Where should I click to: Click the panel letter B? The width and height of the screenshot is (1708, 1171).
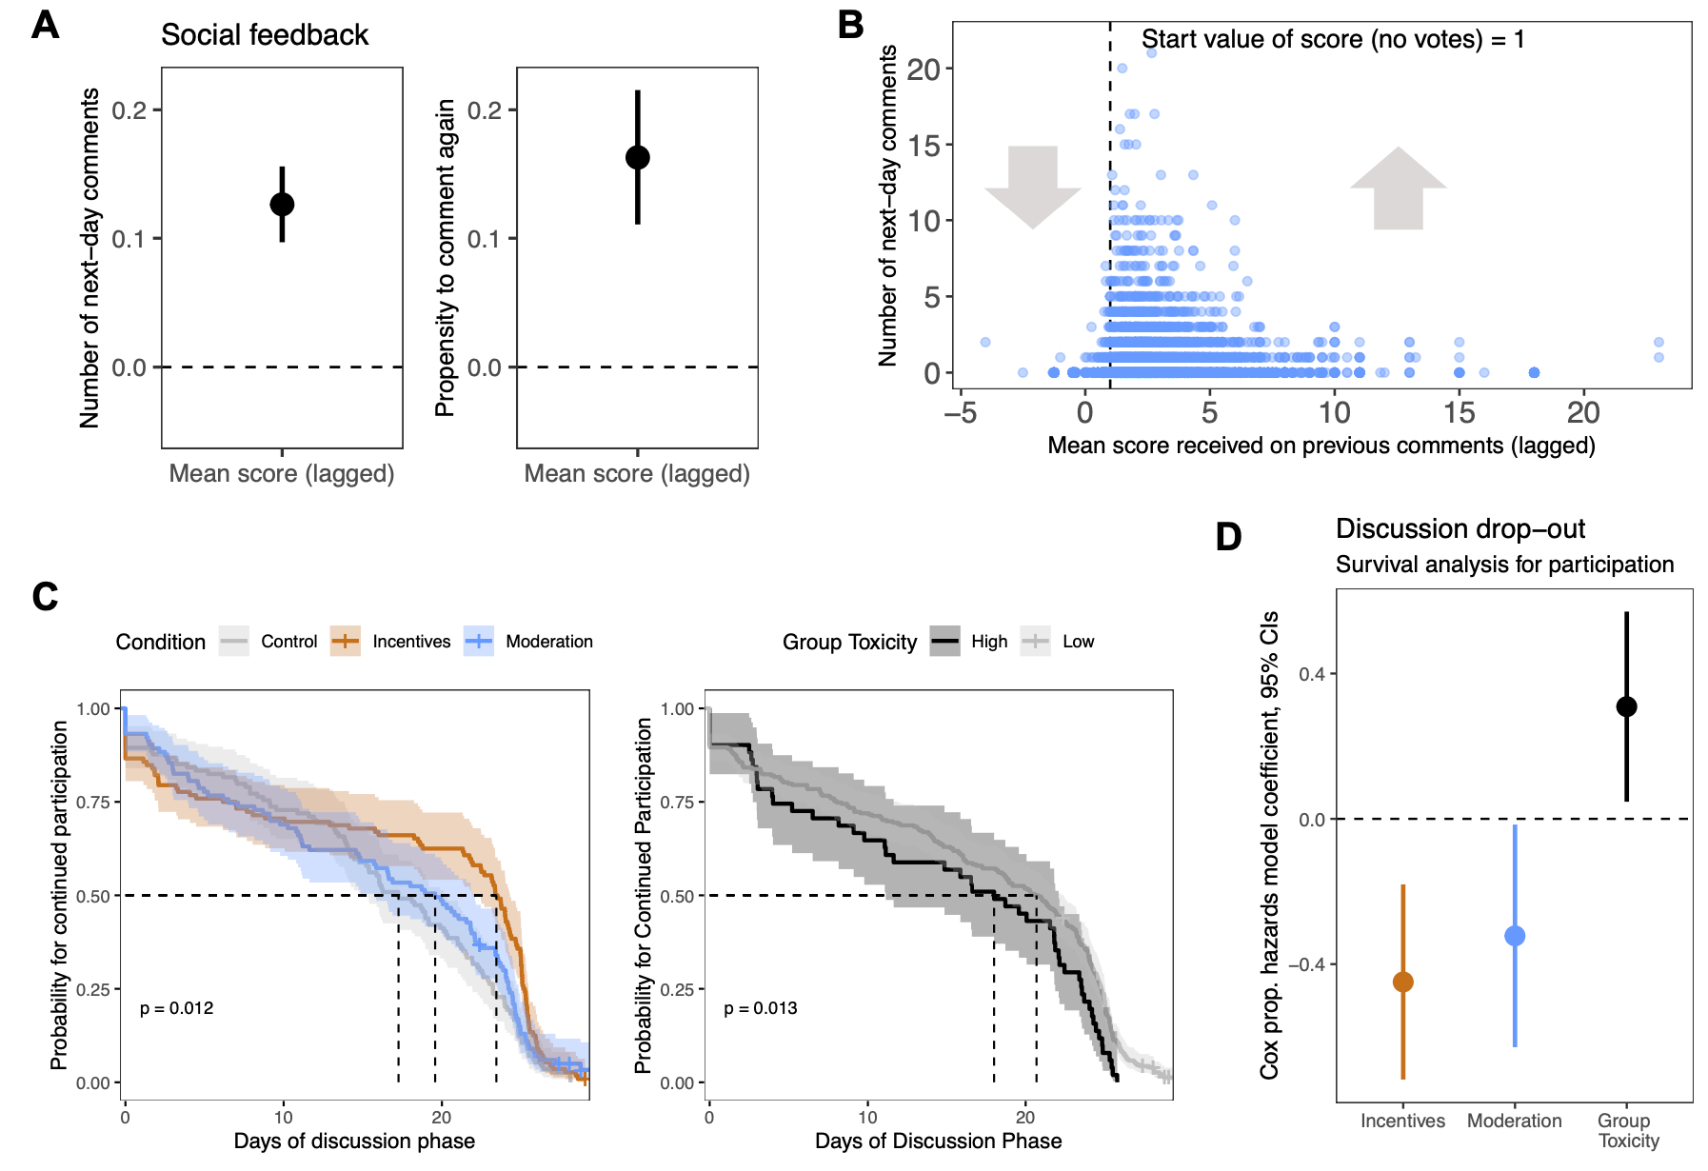tap(850, 25)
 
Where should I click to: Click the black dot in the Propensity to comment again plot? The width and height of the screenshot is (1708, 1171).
tap(638, 157)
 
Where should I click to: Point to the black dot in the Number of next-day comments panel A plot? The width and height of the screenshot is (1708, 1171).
tap(282, 204)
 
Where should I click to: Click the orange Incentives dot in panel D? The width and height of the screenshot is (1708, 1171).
tap(1402, 982)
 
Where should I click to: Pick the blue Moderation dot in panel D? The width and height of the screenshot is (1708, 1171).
tap(1515, 936)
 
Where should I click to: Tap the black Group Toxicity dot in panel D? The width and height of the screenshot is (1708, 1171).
tap(1626, 706)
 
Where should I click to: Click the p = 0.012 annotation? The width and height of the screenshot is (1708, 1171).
tap(177, 1008)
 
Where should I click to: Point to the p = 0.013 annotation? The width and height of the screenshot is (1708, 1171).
tap(761, 1008)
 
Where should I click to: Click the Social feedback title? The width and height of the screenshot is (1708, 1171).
tap(265, 35)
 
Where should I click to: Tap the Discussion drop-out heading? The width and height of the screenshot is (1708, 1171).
tap(1460, 528)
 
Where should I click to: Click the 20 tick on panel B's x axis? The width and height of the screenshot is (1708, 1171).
tap(1583, 412)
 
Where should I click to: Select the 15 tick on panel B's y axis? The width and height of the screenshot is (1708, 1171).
tap(924, 146)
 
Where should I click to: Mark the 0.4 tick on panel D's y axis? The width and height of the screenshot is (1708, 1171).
tap(1311, 674)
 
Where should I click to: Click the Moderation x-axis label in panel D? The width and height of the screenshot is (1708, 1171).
tap(1514, 1121)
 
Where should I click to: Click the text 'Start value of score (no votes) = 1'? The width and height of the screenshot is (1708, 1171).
tap(1333, 39)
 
